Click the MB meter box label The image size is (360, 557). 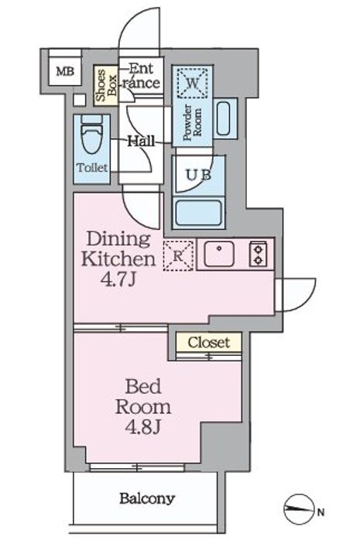[65, 72]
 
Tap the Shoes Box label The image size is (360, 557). [106, 85]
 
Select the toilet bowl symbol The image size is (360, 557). [91, 135]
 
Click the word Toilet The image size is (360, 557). [92, 167]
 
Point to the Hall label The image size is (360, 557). [141, 142]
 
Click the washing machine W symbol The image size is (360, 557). [192, 83]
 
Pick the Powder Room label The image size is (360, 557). [192, 122]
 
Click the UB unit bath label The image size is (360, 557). [199, 175]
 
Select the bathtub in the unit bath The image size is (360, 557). [199, 213]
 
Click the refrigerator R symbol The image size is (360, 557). [178, 256]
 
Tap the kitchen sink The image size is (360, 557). [219, 254]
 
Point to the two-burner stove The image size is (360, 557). [258, 254]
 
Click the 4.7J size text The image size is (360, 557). [118, 280]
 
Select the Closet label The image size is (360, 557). [209, 343]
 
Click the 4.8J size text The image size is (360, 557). [143, 427]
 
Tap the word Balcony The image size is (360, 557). [147, 499]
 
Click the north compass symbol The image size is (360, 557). [299, 509]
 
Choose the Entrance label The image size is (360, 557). [141, 76]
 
